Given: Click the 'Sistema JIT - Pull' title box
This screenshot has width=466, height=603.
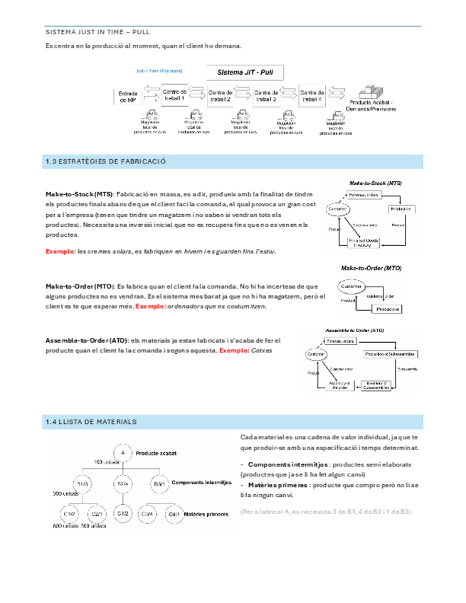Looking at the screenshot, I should pos(245,73).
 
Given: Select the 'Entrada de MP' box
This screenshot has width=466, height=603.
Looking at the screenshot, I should pos(127,97).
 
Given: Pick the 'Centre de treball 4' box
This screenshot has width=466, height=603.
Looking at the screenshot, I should pos(312,96).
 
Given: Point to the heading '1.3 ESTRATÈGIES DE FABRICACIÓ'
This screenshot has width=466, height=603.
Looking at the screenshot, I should pos(105,162).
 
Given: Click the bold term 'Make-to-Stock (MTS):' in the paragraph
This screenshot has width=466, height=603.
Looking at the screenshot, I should pos(79,194).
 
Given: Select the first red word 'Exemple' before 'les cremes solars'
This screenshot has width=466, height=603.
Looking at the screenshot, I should pos(60,252).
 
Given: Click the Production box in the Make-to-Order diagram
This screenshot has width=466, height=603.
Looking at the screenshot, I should pos(388,310).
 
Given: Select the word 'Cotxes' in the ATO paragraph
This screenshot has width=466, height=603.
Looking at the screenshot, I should pos(263,351).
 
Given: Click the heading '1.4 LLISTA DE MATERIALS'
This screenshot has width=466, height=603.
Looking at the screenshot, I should pos(90,422).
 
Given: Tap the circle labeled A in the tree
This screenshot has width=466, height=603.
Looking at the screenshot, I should pos(122,453).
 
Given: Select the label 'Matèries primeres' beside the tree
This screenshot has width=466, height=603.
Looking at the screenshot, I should pos(208,513).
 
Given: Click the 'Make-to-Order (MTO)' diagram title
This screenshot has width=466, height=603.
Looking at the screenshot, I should pos(371,270).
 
